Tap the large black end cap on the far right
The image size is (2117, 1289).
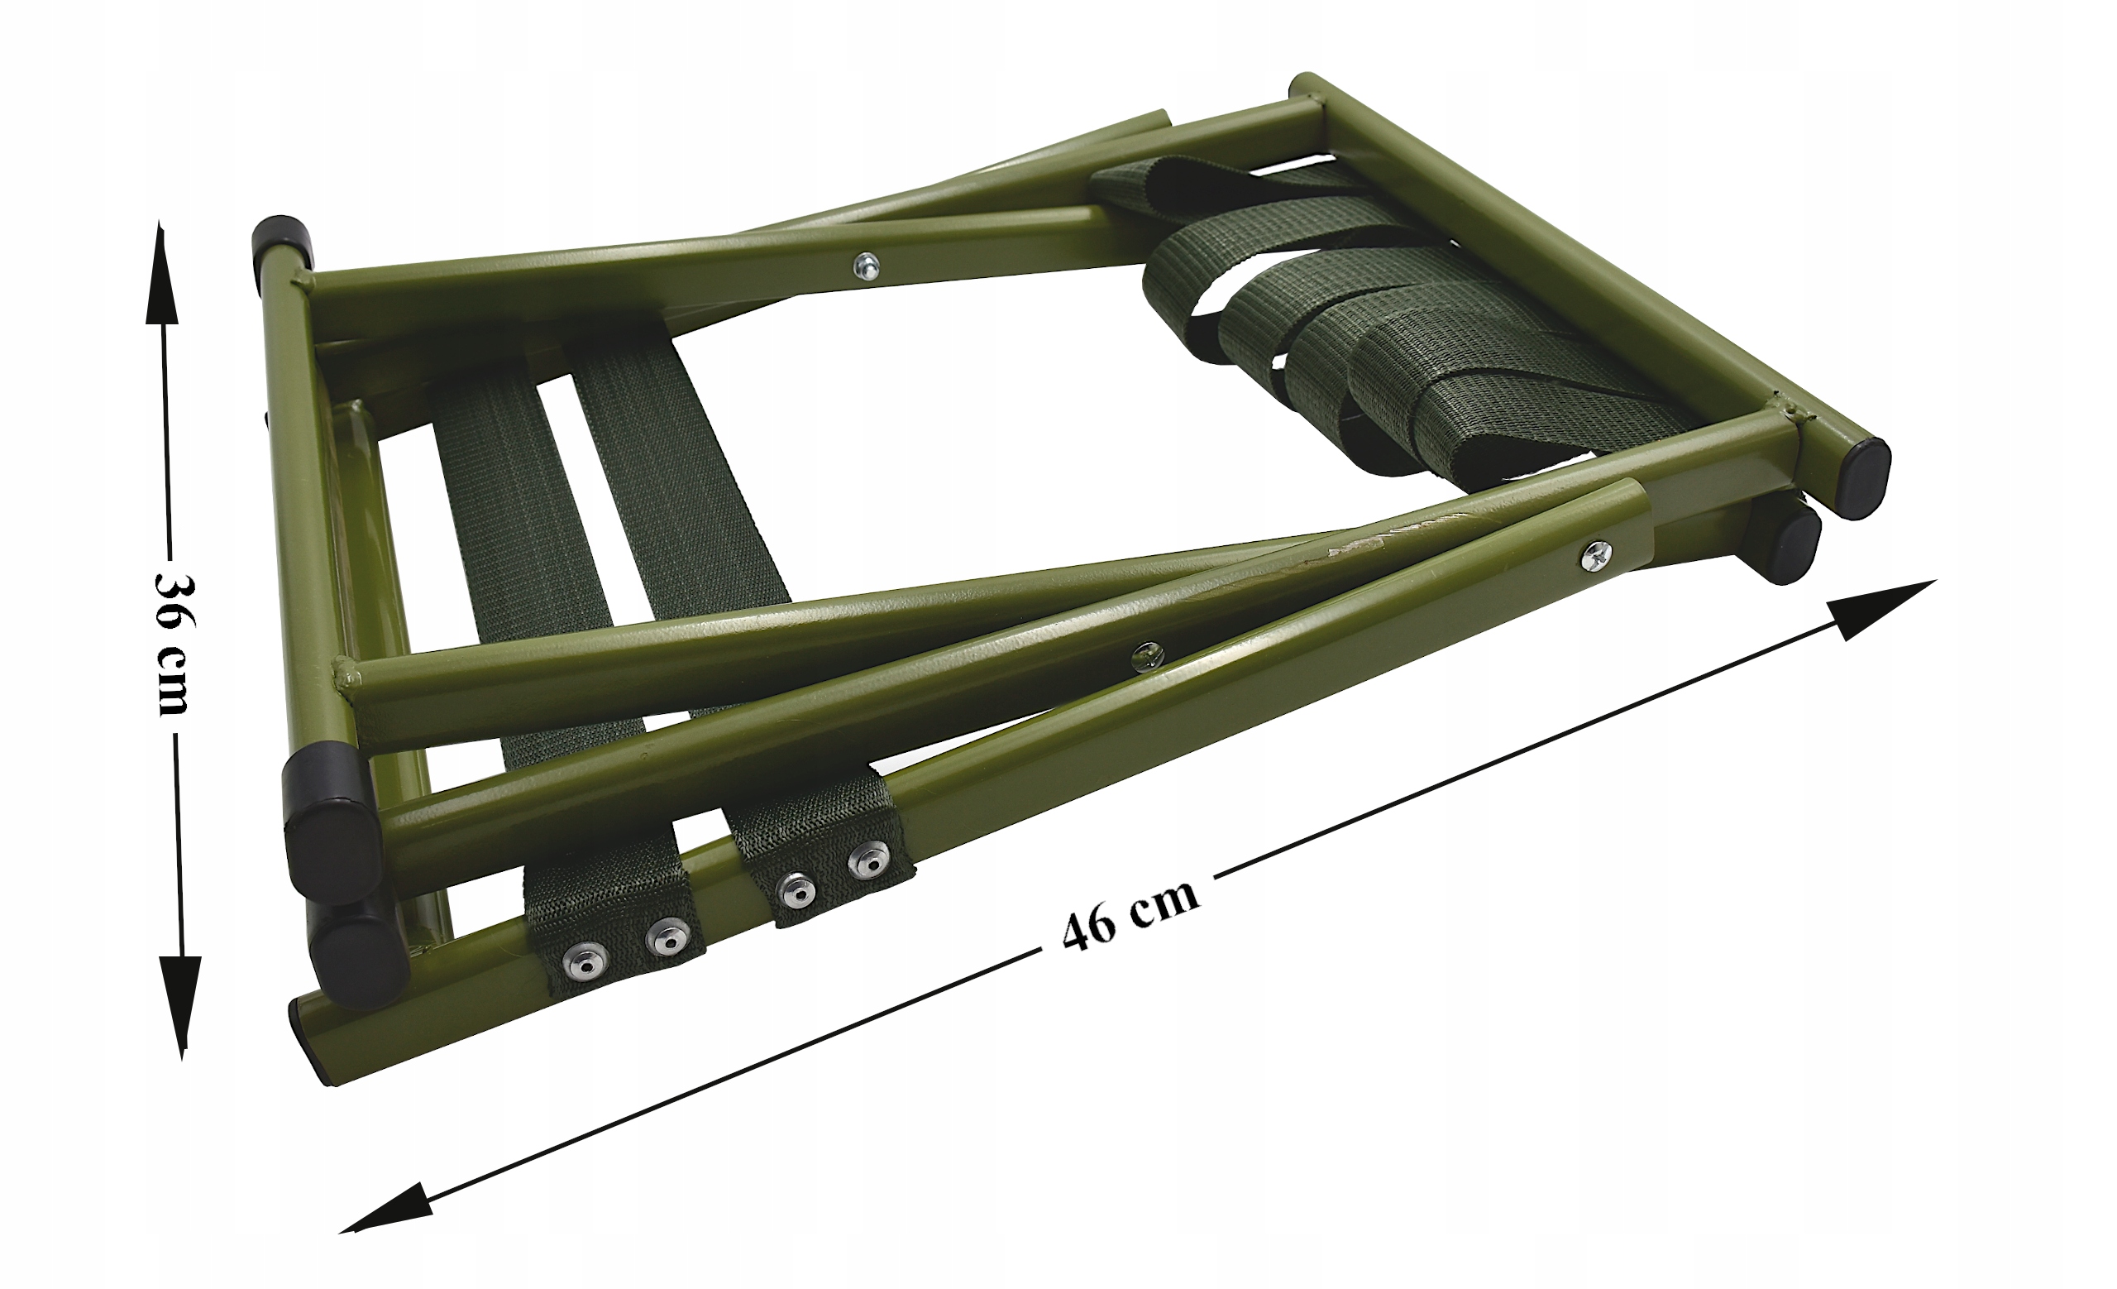(x=1857, y=477)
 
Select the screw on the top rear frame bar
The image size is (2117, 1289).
(x=866, y=266)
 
